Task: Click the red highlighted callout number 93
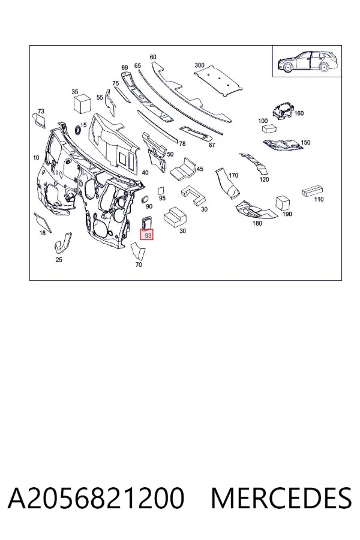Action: pyautogui.click(x=147, y=235)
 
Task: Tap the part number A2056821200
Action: pyautogui.click(x=96, y=498)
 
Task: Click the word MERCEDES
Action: pyautogui.click(x=281, y=498)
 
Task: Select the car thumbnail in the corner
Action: pyautogui.click(x=305, y=61)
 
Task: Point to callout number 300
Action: pyautogui.click(x=199, y=65)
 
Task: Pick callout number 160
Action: pyautogui.click(x=299, y=113)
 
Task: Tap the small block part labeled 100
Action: pyautogui.click(x=270, y=129)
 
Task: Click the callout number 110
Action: pyautogui.click(x=319, y=199)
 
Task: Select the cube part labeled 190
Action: pyautogui.click(x=282, y=203)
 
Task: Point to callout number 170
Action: pyautogui.click(x=233, y=175)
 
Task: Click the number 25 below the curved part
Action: pyautogui.click(x=59, y=260)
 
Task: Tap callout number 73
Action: pyautogui.click(x=41, y=111)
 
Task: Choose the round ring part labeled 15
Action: pyautogui.click(x=77, y=130)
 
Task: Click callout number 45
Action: pyautogui.click(x=200, y=169)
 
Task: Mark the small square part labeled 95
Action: pyautogui.click(x=161, y=191)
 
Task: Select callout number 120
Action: pyautogui.click(x=264, y=179)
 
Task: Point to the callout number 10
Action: pyautogui.click(x=36, y=158)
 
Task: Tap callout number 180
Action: pyautogui.click(x=257, y=223)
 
